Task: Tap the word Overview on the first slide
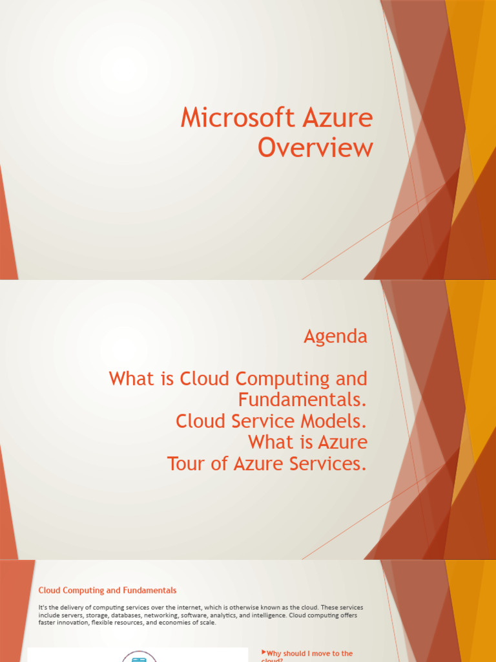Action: [315, 148]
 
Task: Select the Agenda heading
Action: [335, 336]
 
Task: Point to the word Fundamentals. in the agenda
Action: [302, 400]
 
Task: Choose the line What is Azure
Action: [307, 443]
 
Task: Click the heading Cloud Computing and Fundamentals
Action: [107, 590]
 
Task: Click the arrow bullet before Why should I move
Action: [263, 653]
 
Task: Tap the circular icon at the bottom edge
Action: [139, 657]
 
